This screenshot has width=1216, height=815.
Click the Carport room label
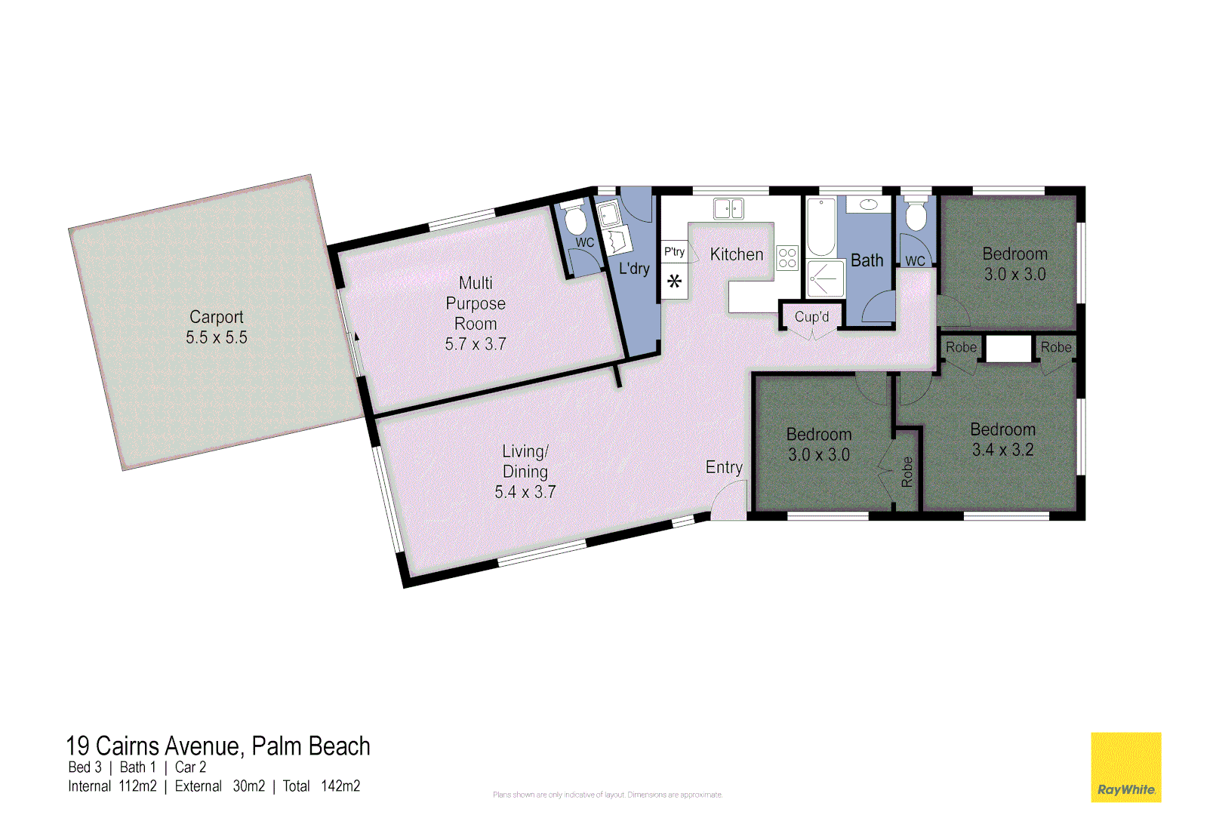point(216,317)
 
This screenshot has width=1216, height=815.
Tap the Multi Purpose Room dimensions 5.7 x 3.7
point(475,344)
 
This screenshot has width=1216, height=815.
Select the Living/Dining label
point(525,461)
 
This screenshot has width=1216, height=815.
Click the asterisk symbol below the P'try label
point(674,281)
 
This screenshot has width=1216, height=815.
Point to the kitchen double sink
point(728,208)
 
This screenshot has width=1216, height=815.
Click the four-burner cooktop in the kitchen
point(787,258)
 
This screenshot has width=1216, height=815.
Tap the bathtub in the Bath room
point(821,226)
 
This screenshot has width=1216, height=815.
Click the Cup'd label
point(811,317)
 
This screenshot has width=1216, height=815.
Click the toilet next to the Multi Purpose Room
point(575,220)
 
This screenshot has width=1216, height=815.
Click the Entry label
point(724,467)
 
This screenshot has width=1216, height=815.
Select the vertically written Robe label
point(907,472)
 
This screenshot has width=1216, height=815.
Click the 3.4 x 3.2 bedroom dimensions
point(1002,450)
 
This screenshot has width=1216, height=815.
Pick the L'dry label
point(634,268)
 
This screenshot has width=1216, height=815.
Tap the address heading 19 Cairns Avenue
point(218,746)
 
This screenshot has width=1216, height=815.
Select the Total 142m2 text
point(322,786)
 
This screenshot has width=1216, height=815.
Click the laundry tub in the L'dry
point(608,214)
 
